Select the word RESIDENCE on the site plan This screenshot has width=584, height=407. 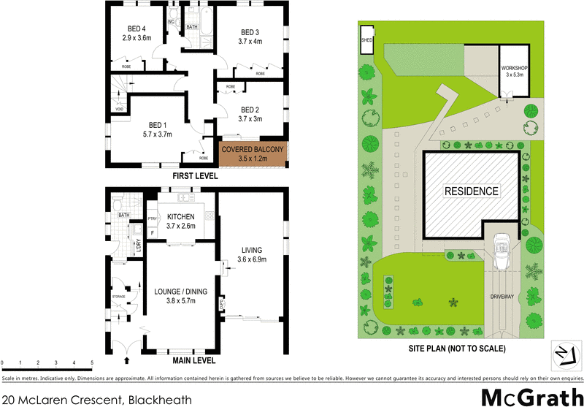click(x=472, y=191)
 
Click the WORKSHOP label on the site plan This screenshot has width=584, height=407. click(x=515, y=71)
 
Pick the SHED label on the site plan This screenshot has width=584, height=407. click(x=366, y=41)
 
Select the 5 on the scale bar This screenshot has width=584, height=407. click(x=92, y=363)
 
